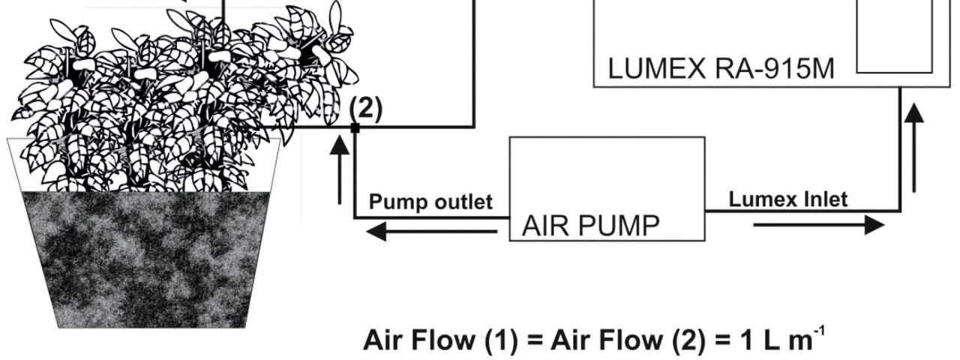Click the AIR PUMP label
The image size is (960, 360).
(x=591, y=225)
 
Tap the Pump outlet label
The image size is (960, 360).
(x=430, y=202)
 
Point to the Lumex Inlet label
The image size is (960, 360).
(x=788, y=199)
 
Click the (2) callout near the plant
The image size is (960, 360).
(x=366, y=109)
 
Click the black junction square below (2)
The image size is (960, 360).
(x=355, y=128)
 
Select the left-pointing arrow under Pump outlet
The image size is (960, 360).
(x=431, y=232)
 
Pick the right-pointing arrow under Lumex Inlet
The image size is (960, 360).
(x=818, y=224)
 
